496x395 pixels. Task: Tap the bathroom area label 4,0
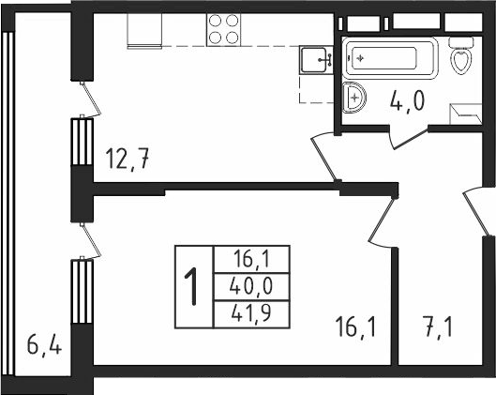tap(409, 100)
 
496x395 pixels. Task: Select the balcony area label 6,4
tap(43, 348)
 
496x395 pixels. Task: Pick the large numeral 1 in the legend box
tap(192, 287)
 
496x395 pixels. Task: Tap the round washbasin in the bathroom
tap(354, 95)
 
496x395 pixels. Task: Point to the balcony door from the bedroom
tap(86, 240)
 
